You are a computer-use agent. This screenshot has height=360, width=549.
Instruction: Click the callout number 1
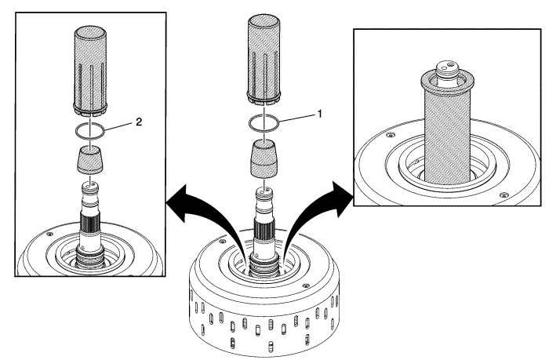319,113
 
